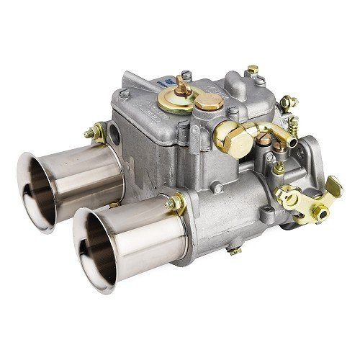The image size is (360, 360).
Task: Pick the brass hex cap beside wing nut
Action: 209,101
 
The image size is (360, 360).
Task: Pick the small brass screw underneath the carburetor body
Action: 234,250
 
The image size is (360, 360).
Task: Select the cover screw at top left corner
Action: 125,93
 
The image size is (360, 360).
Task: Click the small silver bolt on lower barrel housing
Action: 217,189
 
